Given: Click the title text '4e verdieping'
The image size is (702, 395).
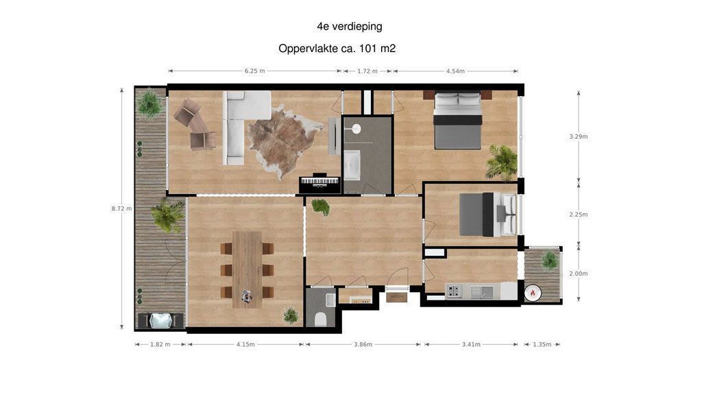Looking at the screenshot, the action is pos(349,27).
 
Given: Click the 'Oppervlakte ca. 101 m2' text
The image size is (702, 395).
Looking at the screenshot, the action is pos(337,49).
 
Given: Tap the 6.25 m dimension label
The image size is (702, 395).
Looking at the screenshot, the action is pos(254,71).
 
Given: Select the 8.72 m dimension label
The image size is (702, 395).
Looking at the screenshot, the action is pos(122,208).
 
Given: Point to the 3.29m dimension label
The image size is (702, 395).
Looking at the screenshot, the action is pos(579,136).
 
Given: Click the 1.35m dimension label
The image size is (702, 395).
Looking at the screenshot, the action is pos(542,344).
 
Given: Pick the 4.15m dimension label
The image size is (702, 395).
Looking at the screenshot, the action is pos(245,344).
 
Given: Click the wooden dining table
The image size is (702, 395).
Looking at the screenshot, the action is pos(247,270).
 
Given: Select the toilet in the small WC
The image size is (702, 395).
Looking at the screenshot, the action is pos(321,319).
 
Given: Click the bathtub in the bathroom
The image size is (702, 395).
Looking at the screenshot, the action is pos(352,165).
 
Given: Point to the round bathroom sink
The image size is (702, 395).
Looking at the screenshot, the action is pos(356,129).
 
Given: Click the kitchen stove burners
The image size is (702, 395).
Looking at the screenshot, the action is pos(454,291).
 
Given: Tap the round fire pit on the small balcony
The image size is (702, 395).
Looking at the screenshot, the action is pos(533,294).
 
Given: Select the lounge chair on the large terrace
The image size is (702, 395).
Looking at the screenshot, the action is pos(160,321).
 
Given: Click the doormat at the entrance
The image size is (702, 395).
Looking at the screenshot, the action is pos(397,298).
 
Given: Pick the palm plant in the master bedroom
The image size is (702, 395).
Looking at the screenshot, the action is pos(502,162).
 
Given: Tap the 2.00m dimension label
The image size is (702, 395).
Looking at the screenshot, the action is pos(579,274).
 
